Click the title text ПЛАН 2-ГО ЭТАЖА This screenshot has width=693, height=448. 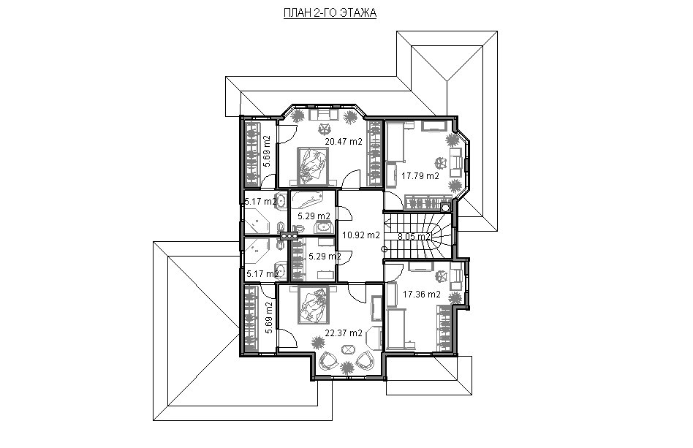point(330,13)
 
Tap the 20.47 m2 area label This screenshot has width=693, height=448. point(344,142)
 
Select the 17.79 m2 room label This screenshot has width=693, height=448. point(420,176)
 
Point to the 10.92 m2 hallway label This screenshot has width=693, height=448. point(361,235)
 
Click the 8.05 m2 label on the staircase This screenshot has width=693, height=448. point(414,236)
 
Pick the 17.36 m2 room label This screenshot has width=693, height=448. point(422,295)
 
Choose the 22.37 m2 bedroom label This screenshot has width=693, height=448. point(344,333)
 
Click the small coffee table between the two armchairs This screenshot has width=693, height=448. point(347,349)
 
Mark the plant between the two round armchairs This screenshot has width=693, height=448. point(347,367)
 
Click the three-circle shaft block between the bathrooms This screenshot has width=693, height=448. point(289,235)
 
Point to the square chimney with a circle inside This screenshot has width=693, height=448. point(445,207)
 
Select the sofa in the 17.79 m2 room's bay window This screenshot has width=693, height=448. point(457,159)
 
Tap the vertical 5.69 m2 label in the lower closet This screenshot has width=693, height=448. point(268,316)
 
